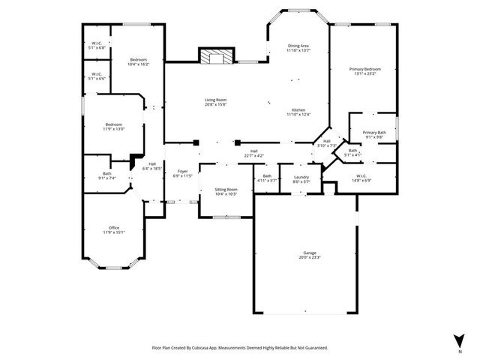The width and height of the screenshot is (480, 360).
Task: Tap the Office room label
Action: [114, 227]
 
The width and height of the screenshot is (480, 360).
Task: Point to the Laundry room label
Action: [301, 176]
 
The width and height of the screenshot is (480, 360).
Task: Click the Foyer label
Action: [183, 171]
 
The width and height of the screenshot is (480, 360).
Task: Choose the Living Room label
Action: [216, 100]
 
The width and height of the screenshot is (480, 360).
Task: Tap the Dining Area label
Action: [298, 46]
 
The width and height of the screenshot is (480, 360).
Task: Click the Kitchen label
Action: [298, 109]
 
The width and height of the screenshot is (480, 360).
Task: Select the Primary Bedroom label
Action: [367, 69]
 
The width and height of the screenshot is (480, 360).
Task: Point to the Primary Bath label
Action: [373, 132]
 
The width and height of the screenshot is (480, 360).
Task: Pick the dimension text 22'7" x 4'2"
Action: [254, 155]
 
